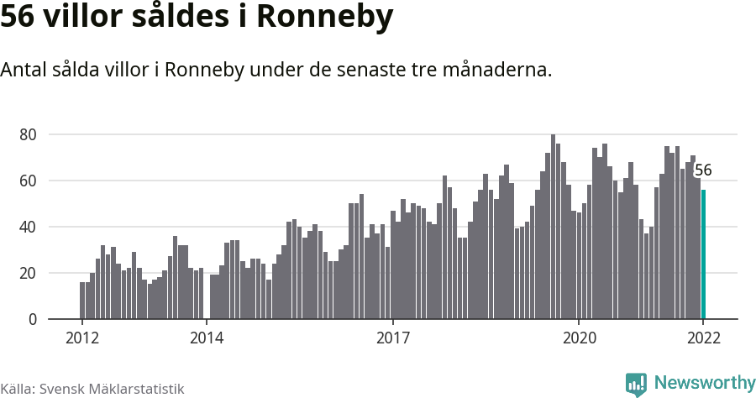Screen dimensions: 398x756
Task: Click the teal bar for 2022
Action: coord(704,254)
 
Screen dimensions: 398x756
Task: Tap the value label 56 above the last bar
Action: coord(703,170)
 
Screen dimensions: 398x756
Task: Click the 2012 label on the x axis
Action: coord(81,338)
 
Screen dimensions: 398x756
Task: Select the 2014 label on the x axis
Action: coord(206,338)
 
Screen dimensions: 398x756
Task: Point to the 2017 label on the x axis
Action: coord(392,338)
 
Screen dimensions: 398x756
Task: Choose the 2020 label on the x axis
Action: coord(579,338)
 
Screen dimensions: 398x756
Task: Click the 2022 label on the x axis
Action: coord(703,338)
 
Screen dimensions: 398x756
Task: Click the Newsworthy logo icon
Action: coord(636,385)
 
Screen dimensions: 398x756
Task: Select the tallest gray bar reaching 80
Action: coord(553,227)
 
